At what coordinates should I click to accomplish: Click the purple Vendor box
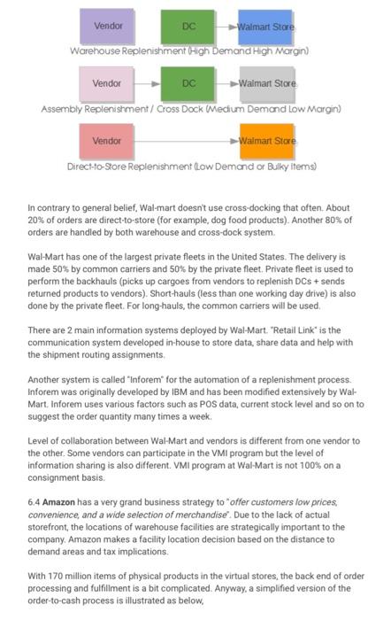coord(107,27)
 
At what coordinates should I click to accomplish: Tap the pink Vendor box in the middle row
coord(107,84)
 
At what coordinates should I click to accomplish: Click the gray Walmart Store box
coord(265,84)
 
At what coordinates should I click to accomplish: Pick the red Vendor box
coord(107,141)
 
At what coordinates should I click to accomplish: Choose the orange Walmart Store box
coord(265,141)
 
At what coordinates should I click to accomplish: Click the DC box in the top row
coord(188,27)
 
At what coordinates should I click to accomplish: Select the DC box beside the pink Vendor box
coord(188,84)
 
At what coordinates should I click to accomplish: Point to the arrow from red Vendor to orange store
coord(186,141)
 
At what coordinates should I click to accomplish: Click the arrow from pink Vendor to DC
coord(147,84)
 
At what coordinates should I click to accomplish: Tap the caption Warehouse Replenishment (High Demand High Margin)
coord(189,51)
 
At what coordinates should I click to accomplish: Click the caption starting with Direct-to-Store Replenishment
coord(192,166)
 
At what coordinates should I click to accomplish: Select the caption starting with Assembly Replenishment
coord(191,109)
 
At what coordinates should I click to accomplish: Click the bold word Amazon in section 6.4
coord(58,501)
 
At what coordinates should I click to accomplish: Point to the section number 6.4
coord(34,501)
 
